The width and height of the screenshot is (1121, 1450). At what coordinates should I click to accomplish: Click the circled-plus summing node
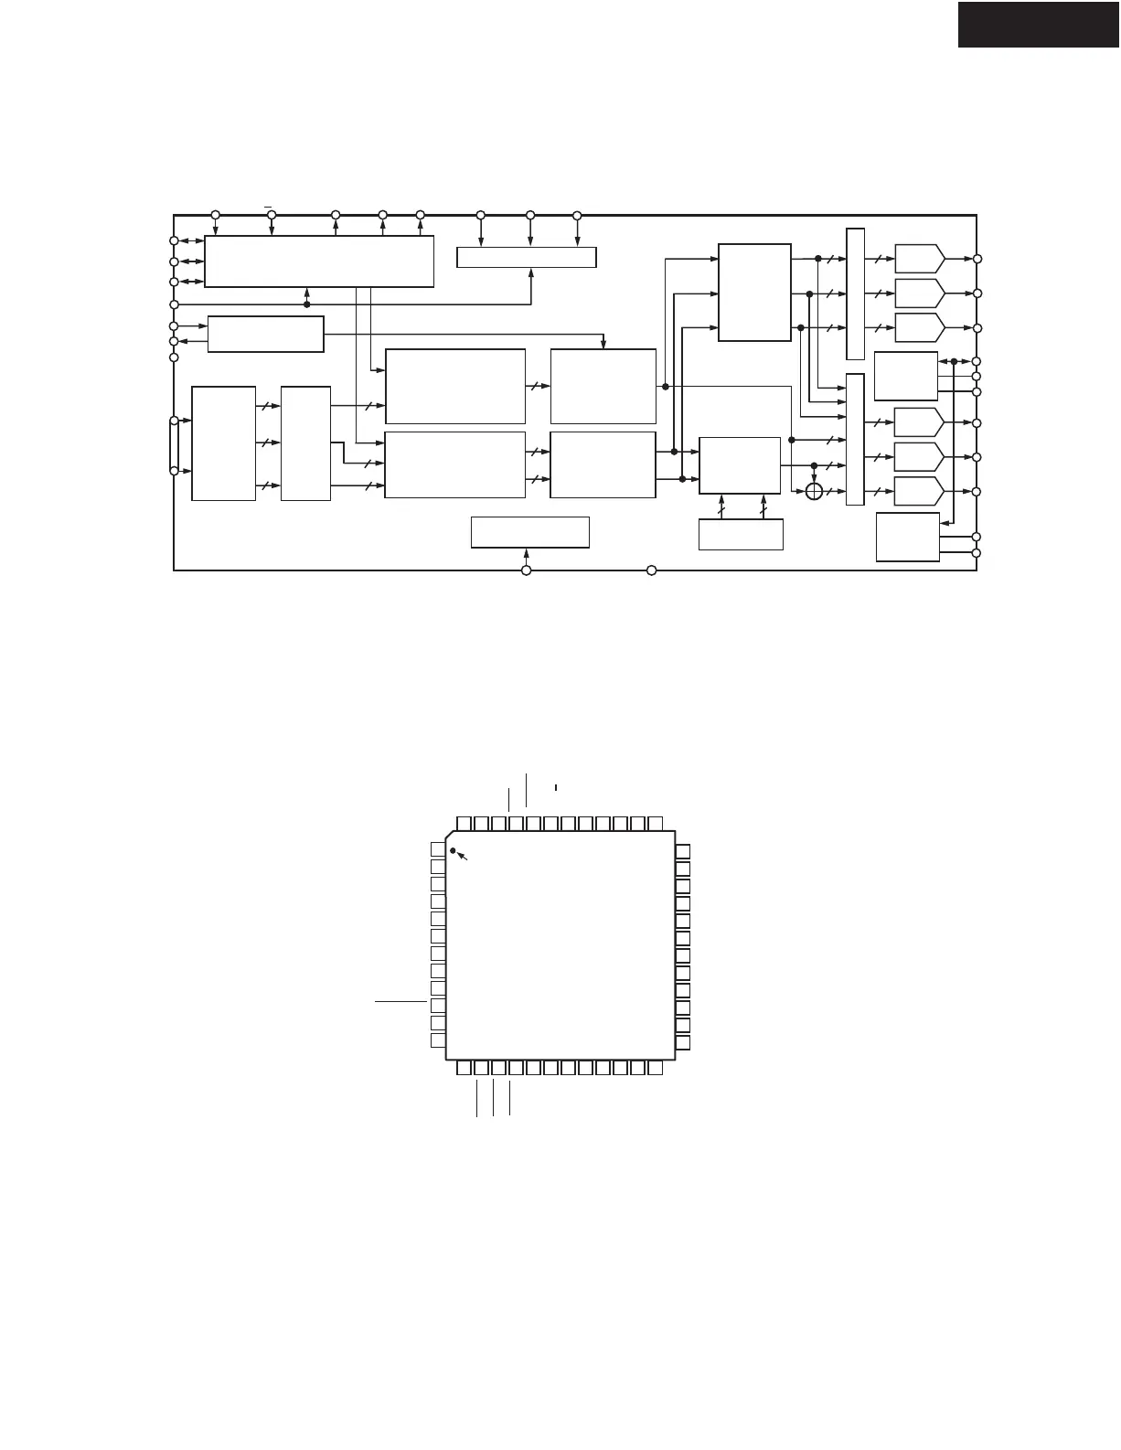click(815, 492)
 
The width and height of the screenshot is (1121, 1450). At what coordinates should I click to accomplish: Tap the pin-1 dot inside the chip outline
click(453, 851)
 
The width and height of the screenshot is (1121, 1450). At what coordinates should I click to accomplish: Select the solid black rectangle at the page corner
click(1039, 24)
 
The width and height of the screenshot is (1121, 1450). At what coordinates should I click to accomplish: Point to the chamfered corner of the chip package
click(450, 835)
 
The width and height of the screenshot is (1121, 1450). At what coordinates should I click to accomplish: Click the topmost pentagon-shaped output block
click(919, 259)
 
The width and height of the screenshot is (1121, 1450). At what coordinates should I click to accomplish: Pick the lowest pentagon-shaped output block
click(919, 491)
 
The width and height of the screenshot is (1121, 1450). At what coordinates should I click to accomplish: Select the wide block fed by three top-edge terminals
click(526, 257)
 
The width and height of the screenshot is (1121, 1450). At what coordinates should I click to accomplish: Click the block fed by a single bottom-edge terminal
click(529, 532)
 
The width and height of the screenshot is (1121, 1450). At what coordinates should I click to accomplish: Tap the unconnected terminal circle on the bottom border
click(652, 570)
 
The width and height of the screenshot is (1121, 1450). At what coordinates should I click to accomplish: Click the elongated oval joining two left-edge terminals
click(174, 445)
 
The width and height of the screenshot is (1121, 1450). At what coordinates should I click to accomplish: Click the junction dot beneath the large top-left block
click(306, 304)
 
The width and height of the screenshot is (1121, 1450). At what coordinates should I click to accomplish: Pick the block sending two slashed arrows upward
click(741, 534)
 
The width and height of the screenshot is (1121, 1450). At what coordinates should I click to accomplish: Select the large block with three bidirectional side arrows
click(318, 261)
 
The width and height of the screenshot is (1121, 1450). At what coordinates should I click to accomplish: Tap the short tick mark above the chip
click(555, 786)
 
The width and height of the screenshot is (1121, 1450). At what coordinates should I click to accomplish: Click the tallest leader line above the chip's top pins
click(527, 789)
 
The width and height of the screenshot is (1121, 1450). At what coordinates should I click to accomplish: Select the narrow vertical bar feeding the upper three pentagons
click(855, 293)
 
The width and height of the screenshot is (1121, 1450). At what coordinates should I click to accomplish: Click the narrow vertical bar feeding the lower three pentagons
click(855, 439)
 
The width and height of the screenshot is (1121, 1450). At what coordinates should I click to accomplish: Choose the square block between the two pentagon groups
click(905, 376)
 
